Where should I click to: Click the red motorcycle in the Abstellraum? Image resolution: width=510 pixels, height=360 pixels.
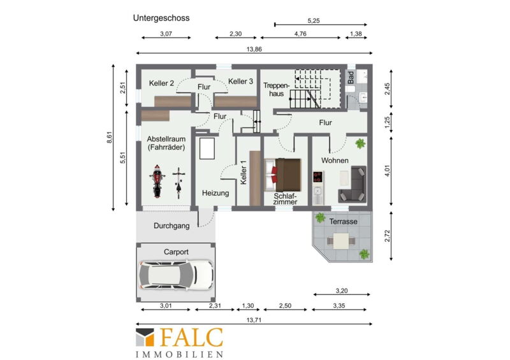coord(157,181)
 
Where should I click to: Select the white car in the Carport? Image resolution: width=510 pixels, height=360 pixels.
coord(176,275)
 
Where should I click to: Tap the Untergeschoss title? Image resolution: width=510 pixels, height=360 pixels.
coord(161,18)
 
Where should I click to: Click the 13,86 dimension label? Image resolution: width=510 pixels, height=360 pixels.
coord(254,50)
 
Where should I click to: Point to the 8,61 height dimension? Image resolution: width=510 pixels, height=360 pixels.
coord(109,138)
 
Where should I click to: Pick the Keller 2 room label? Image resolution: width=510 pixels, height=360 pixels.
coord(161,83)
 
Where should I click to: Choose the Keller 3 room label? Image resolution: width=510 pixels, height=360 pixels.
coord(240,82)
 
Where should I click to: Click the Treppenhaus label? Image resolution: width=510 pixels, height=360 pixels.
coord(276,89)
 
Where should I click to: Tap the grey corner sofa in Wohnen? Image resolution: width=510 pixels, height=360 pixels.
coord(353,184)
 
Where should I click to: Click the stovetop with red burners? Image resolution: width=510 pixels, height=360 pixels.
coord(317,177)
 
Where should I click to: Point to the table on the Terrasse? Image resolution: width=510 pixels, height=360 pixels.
coord(341,241)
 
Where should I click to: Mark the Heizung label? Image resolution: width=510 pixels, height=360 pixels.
coord(215,193)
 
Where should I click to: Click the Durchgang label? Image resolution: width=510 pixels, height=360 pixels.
coord(171,226)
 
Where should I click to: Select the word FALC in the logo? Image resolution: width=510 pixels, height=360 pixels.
coord(191,338)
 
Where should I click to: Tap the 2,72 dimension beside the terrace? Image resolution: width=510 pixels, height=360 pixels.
coord(388,236)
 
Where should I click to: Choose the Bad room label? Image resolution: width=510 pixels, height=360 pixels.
coord(351,78)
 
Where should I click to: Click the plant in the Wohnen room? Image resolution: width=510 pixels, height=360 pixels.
coord(360,143)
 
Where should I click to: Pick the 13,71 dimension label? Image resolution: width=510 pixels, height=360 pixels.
coord(254,320)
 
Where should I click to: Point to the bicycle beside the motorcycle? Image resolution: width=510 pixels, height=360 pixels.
coord(178,183)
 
